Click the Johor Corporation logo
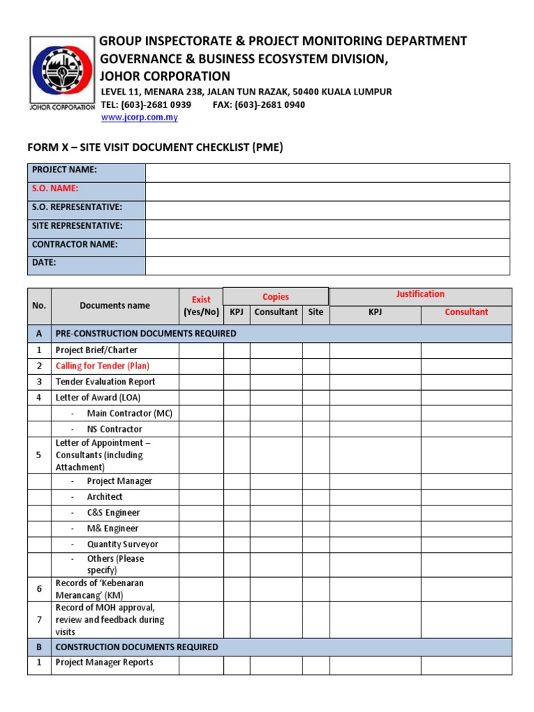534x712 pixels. pyautogui.click(x=62, y=73)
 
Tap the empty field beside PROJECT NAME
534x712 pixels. pyautogui.click(x=327, y=172)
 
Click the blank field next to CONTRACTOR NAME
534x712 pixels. pyautogui.click(x=327, y=247)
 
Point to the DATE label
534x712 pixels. pyautogui.click(x=44, y=263)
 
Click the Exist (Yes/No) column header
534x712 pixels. pyautogui.click(x=201, y=306)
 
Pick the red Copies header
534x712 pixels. pyautogui.click(x=275, y=297)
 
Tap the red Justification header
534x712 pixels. pyautogui.click(x=420, y=294)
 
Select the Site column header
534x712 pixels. pyautogui.click(x=316, y=312)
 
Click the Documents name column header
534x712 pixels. pyautogui.click(x=115, y=305)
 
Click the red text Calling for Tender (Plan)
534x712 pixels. pyautogui.click(x=102, y=366)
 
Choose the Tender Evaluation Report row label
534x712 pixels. pyautogui.click(x=105, y=382)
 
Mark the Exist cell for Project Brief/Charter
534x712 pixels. pyautogui.click(x=201, y=350)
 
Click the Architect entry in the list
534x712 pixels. pyautogui.click(x=104, y=497)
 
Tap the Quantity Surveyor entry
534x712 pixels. pyautogui.click(x=122, y=544)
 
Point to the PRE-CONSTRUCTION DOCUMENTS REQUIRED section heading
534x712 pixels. pyautogui.click(x=146, y=334)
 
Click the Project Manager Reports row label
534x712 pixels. pyautogui.click(x=104, y=663)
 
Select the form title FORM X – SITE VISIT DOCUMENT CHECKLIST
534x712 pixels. pyautogui.click(x=155, y=147)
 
